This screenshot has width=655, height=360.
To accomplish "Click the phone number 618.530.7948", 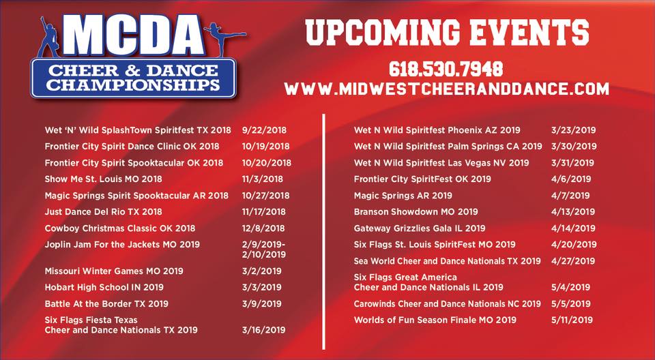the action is pos(446,69).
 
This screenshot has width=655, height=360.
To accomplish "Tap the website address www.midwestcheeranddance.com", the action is pos(446,89).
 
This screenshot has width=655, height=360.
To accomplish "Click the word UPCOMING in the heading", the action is pos(382,32).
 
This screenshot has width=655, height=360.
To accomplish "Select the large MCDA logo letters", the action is pos(133,36).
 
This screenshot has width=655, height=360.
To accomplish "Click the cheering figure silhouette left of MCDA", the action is pos(50,37).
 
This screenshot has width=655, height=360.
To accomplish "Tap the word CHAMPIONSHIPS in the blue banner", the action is pos(133,85).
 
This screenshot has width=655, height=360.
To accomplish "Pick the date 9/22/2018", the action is pos(265,130).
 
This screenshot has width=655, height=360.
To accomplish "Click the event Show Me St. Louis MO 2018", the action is pos(103,179).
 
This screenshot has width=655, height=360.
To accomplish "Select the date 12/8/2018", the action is pos(263,228).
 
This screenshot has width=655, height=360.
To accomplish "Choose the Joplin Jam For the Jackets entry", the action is pos(122,245).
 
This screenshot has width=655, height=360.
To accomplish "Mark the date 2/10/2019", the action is pos(264,254).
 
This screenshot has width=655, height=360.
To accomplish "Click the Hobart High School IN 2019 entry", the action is pos(104,287).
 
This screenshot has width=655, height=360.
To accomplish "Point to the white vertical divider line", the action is pos(323,231).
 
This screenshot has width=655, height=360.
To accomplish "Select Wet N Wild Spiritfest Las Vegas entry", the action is pos(441,163).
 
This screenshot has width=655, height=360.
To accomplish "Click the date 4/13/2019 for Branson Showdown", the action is pos(573,212).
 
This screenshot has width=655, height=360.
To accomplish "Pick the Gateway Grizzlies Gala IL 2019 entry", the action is pos(420,228).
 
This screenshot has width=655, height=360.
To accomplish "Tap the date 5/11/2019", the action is pos(572,320).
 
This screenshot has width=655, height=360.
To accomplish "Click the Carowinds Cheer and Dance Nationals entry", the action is pos(447,303).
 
